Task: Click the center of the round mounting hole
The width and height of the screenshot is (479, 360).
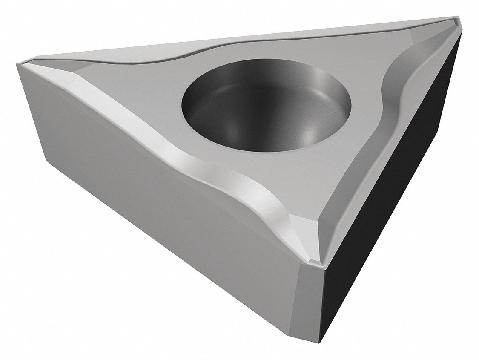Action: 267,112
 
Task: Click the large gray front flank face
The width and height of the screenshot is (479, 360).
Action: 162,222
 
